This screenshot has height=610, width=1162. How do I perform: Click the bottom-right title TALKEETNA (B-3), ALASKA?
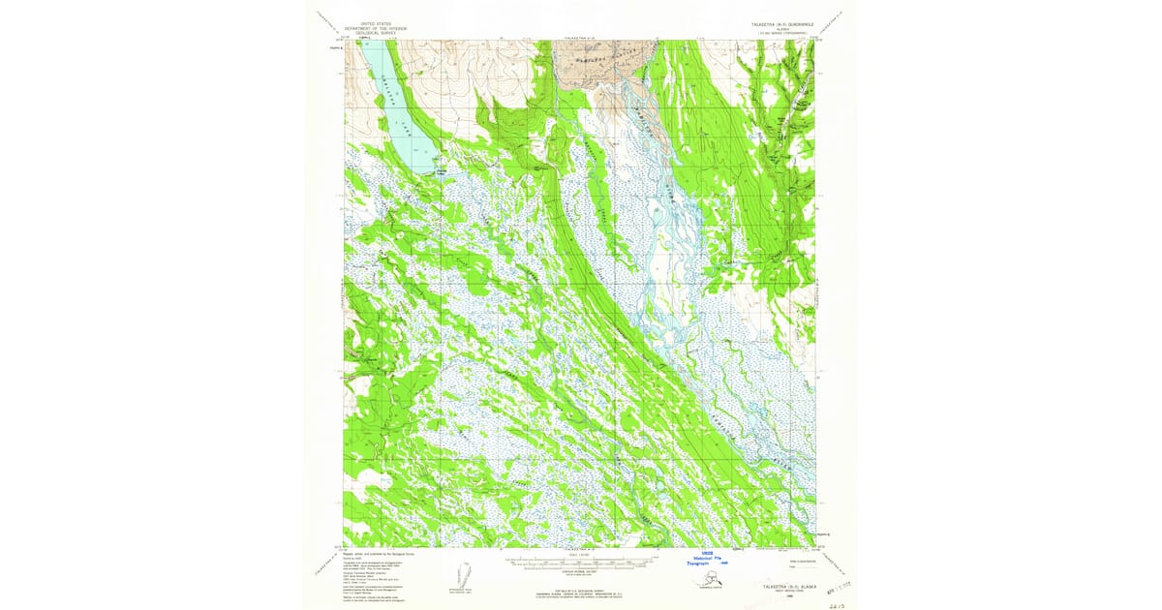785,587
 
